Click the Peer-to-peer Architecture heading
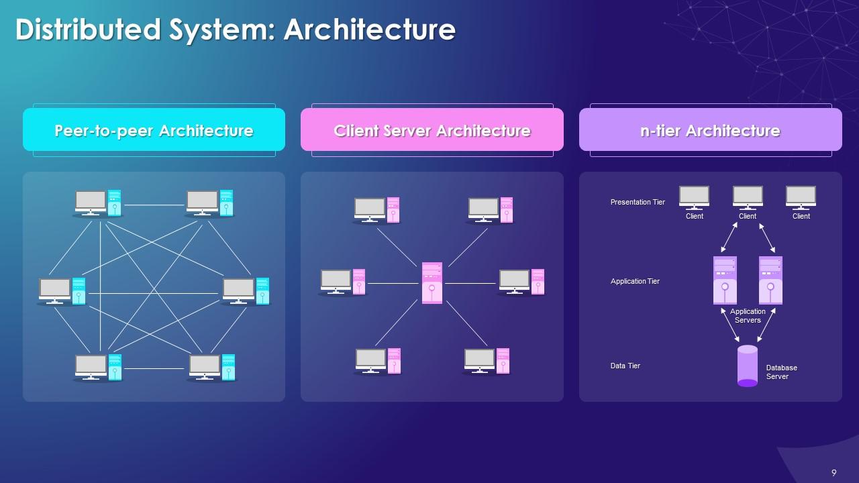point(154,130)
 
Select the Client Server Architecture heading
point(432,130)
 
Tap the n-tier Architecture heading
point(710,130)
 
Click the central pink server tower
point(432,282)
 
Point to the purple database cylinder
point(747,366)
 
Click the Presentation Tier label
point(638,202)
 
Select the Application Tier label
point(635,281)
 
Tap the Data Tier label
point(625,366)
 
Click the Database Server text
point(782,372)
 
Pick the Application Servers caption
point(748,316)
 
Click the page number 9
point(834,473)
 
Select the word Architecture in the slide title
point(369,30)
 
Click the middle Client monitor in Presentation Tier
point(748,197)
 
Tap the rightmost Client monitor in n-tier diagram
point(801,197)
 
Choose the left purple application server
point(725,280)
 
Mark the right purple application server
point(770,280)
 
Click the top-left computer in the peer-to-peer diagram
point(98,203)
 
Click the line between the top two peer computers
point(154,205)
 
